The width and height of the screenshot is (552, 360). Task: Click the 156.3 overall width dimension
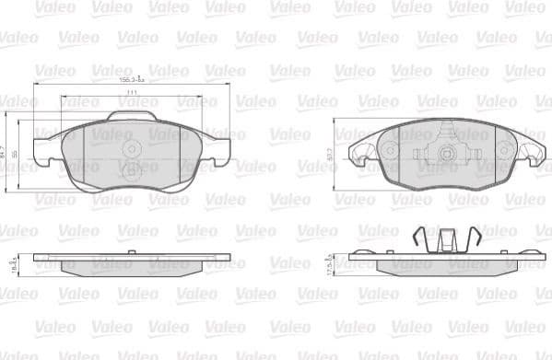[x=132, y=81]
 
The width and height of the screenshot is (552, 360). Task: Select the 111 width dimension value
[x=132, y=94]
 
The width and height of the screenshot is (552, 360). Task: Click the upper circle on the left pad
[x=131, y=147]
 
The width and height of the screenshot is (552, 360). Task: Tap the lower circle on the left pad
[x=131, y=168]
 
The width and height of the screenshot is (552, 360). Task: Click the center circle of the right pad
[x=445, y=155]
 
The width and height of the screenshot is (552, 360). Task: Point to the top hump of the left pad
[x=132, y=117]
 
